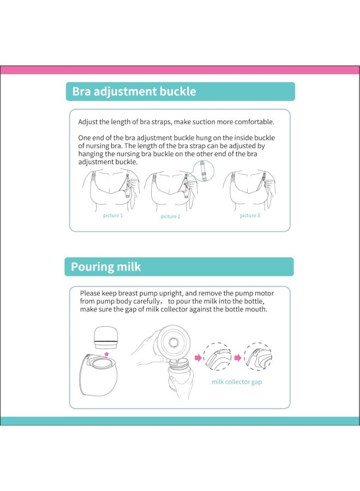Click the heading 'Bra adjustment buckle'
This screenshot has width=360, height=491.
point(134,92)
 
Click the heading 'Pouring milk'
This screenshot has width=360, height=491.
point(106,267)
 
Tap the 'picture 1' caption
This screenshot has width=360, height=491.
point(113,215)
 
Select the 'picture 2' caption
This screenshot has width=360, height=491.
point(170,217)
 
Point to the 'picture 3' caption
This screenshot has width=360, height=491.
point(250,215)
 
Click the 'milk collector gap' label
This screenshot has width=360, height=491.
point(236,382)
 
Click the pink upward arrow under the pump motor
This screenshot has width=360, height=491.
point(107,353)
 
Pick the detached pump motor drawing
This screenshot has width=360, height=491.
point(107,337)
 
